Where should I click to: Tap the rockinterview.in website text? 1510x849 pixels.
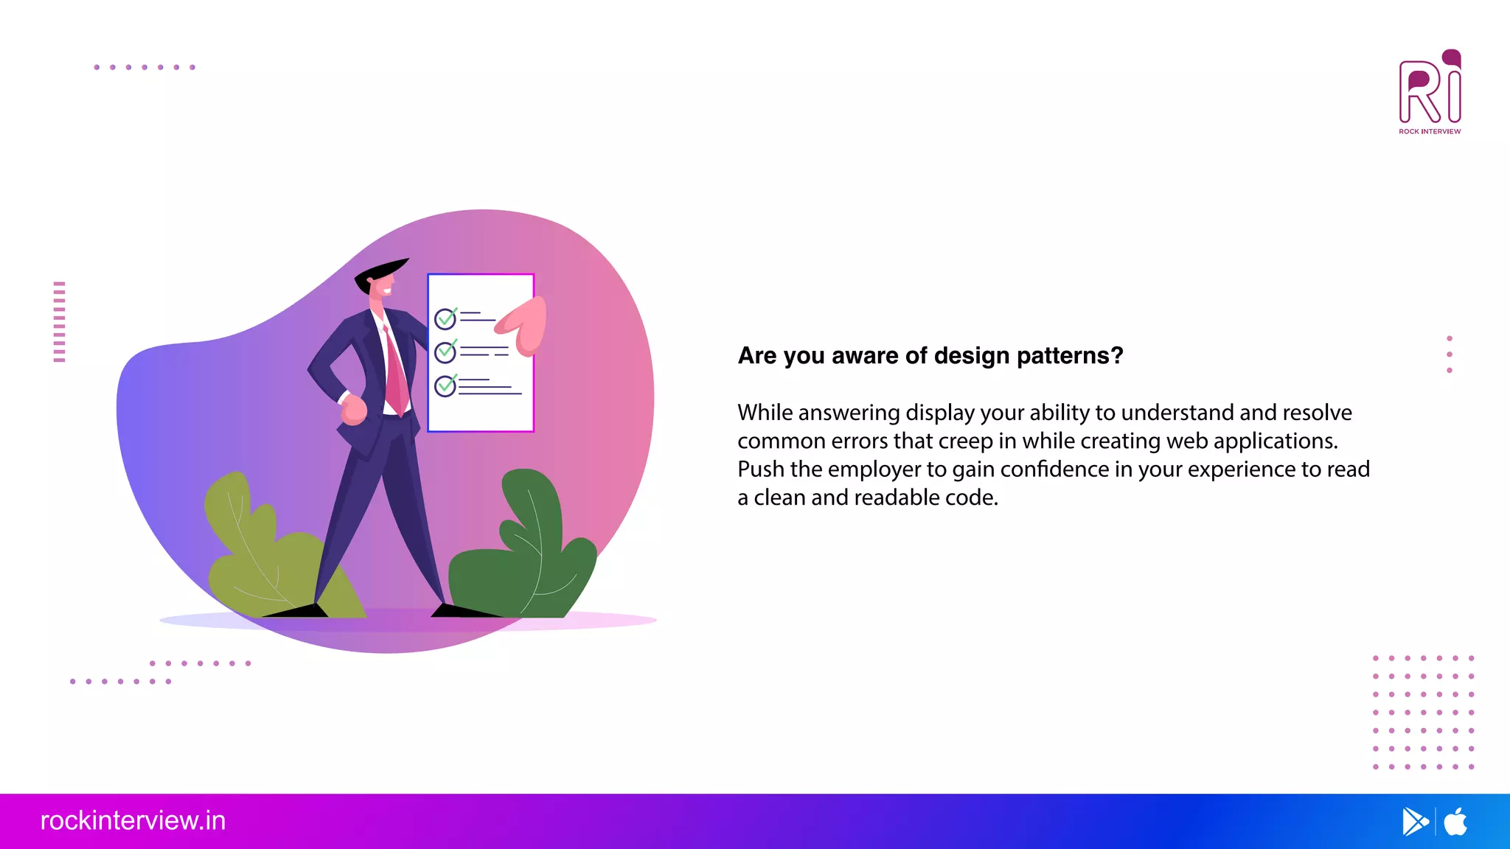point(133,821)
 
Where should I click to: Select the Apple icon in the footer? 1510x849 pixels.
point(1455,822)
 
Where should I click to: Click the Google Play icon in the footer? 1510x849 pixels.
point(1414,822)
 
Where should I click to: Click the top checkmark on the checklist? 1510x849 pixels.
point(445,318)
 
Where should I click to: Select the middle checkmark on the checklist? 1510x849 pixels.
point(445,352)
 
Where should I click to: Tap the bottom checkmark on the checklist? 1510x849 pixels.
point(445,385)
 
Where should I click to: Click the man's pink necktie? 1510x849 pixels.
point(396,376)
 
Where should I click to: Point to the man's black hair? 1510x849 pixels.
point(380,271)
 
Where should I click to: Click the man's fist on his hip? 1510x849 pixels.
point(354,410)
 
